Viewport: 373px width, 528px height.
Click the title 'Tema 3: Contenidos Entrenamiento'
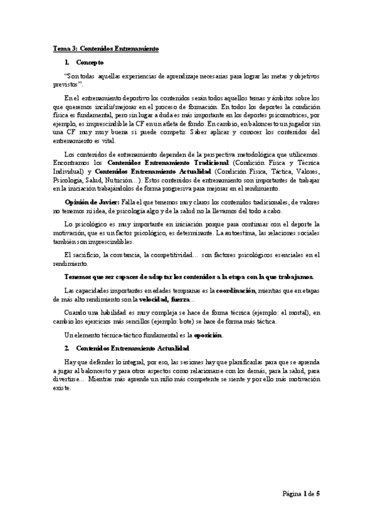(x=105, y=49)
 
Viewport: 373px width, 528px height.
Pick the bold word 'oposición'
(x=209, y=336)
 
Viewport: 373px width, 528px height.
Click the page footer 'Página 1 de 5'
(x=300, y=494)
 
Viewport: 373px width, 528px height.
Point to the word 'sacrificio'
(x=87, y=255)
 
